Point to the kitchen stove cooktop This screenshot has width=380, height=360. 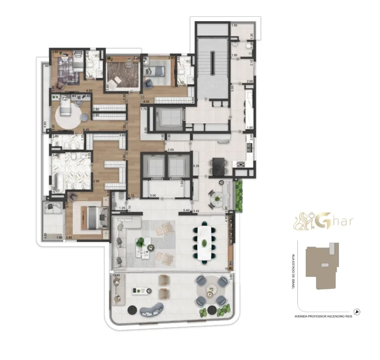[242, 165]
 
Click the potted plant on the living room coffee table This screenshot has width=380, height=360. [142, 242]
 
